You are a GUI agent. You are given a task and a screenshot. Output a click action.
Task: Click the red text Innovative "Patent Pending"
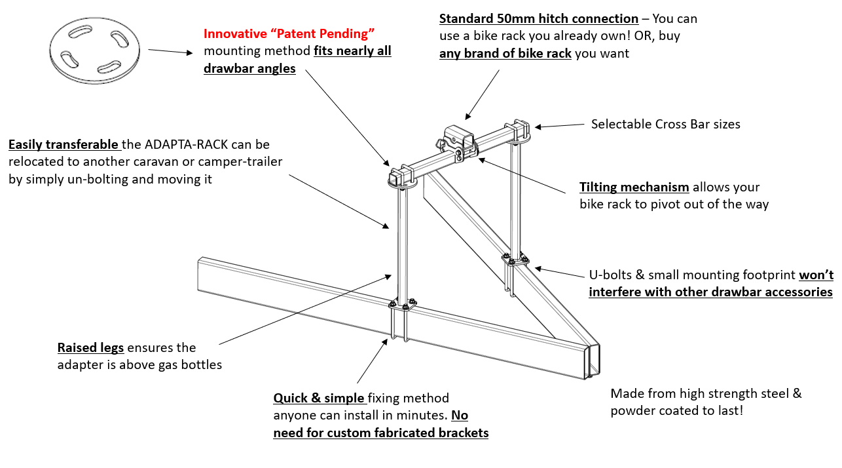(289, 33)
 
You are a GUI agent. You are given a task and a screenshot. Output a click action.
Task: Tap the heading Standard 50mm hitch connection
(538, 18)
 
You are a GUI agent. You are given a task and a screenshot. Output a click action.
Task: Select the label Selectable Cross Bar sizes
(665, 124)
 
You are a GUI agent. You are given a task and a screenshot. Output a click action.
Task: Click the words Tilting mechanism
(634, 187)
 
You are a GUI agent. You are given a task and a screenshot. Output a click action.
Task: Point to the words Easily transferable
(64, 144)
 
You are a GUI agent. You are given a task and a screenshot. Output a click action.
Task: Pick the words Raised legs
(90, 347)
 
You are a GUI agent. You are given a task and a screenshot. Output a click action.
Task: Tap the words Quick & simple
(319, 398)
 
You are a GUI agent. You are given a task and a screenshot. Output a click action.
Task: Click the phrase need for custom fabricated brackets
(380, 432)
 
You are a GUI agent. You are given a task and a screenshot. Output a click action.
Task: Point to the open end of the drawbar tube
(592, 361)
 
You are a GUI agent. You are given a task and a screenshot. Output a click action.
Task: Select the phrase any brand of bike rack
(505, 53)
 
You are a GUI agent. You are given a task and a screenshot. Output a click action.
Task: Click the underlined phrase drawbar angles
(249, 68)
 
